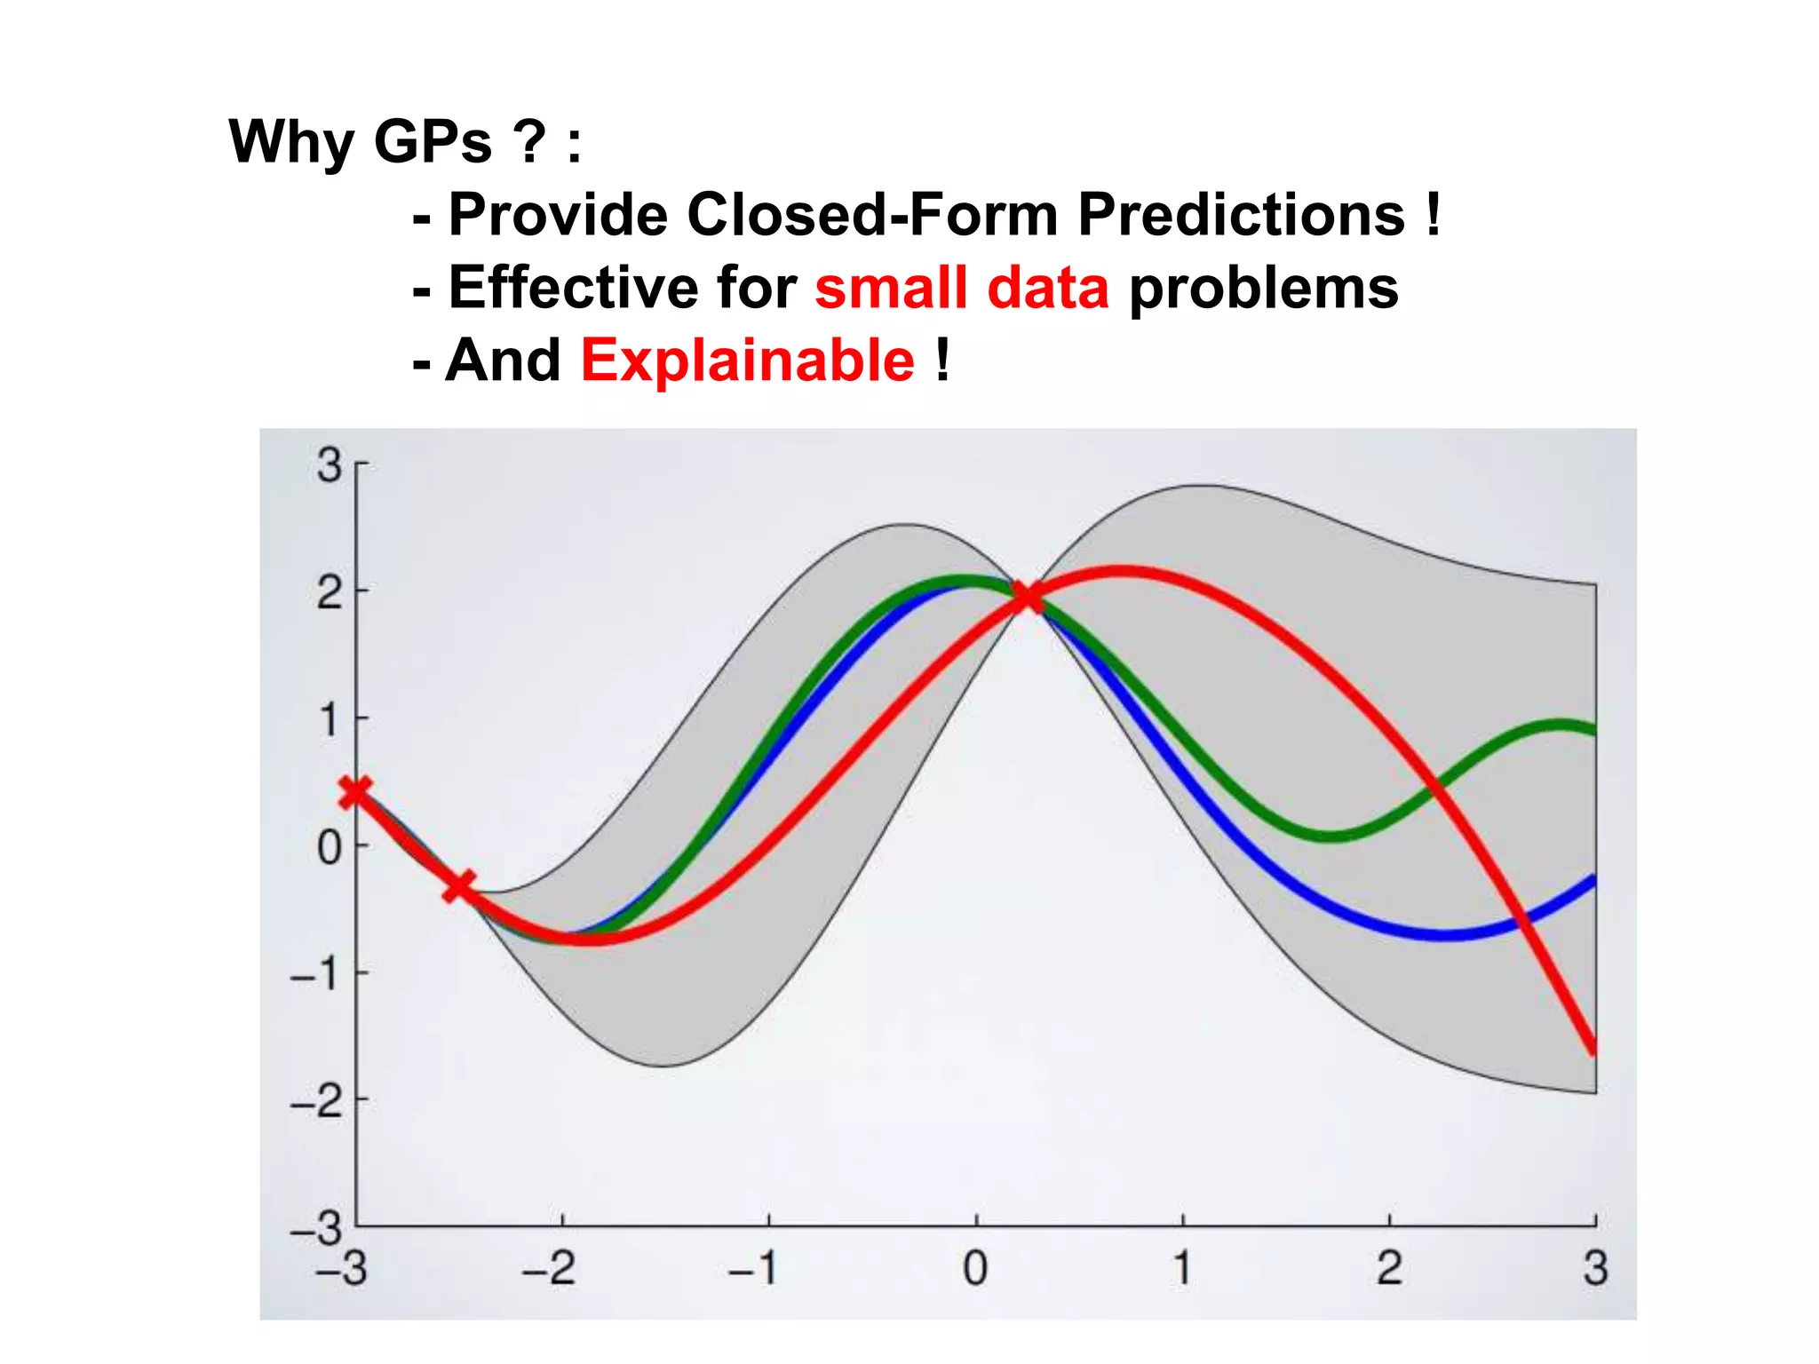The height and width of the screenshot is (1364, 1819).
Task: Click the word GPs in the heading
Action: point(433,142)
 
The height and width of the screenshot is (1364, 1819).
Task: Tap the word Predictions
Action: point(1241,215)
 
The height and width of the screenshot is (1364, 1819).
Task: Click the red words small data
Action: point(962,288)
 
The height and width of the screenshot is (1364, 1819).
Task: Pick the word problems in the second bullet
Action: point(1263,289)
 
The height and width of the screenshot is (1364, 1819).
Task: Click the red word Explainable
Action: point(747,361)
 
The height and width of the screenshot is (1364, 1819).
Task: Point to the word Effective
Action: point(574,288)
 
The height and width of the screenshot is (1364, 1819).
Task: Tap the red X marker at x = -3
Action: point(355,790)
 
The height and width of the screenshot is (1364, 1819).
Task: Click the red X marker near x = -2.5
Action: point(458,885)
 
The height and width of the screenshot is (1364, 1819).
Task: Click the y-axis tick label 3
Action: point(330,465)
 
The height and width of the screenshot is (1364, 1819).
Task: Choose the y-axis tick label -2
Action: point(317,1102)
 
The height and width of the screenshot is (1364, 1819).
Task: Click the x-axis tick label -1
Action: point(753,1268)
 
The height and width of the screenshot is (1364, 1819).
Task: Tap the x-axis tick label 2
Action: point(1389,1268)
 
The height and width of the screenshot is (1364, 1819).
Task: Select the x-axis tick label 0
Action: point(975,1268)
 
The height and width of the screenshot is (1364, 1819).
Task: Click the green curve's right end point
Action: point(1594,731)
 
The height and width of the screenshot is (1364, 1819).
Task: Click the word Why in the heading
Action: point(291,142)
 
